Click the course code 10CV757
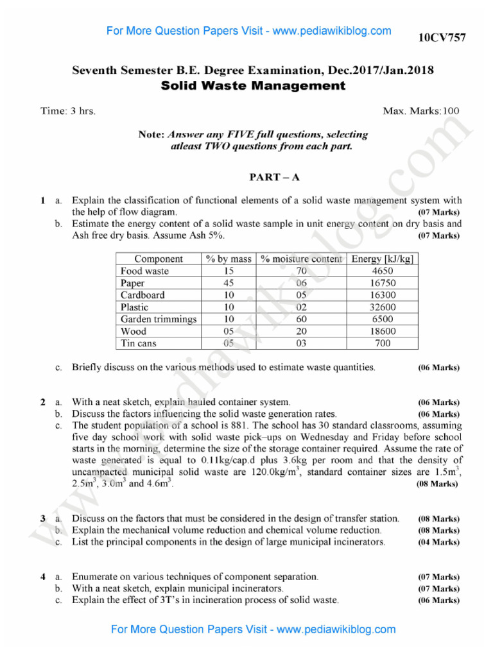tap(442, 38)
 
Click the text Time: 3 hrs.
tap(68, 111)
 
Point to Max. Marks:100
tap(421, 111)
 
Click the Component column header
tap(158, 259)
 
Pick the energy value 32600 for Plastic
tap(383, 307)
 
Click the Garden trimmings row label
tap(159, 319)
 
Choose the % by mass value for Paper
tap(229, 283)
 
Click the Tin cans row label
tap(139, 343)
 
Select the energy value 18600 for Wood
tap(383, 331)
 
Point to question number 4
tap(43, 577)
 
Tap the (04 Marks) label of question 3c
tap(438, 542)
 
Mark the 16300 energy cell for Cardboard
tap(383, 295)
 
